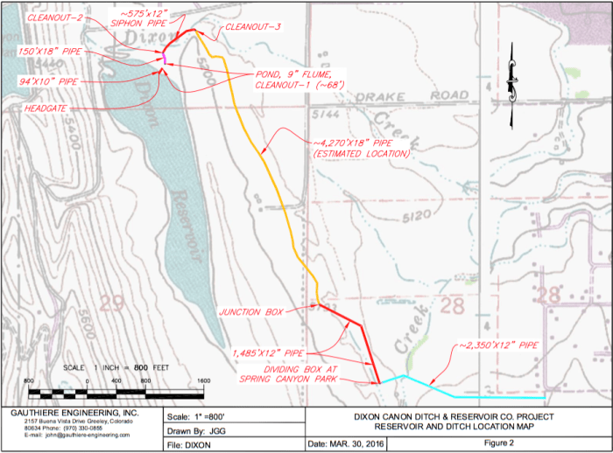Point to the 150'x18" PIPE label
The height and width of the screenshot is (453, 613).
pyautogui.click(x=49, y=52)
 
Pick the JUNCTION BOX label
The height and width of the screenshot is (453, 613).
pyautogui.click(x=250, y=311)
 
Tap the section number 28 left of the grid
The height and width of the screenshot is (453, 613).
pyautogui.click(x=453, y=304)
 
